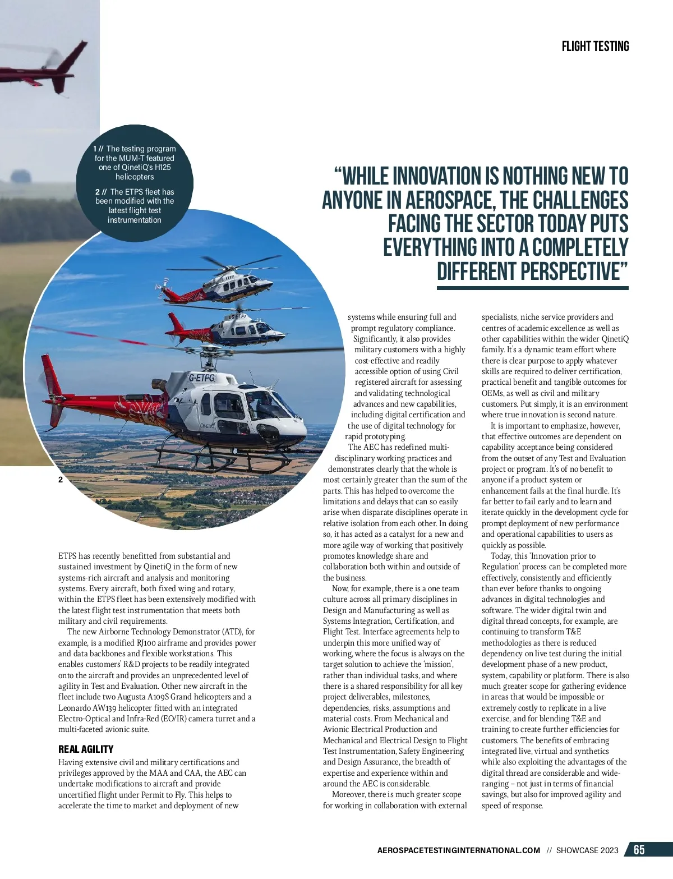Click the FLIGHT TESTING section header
click(x=595, y=47)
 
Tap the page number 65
click(x=639, y=850)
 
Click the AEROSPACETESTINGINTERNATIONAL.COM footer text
click(x=459, y=850)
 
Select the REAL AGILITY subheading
click(x=86, y=749)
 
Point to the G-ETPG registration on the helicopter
click(x=202, y=378)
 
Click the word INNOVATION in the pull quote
click(x=435, y=177)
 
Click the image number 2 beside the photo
click(x=61, y=480)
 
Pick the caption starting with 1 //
click(x=135, y=163)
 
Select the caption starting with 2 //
click(x=135, y=206)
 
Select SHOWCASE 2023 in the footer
click(x=587, y=850)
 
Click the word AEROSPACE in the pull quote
click(x=449, y=200)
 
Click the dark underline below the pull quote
click(x=532, y=288)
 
